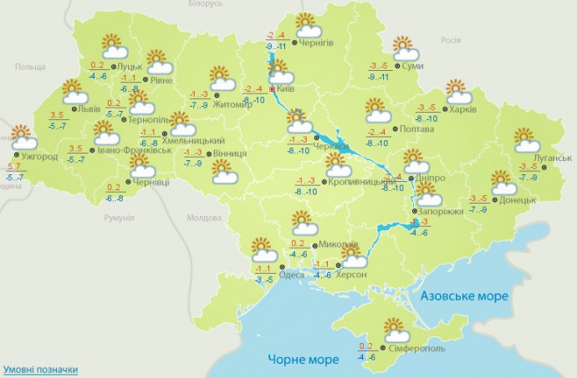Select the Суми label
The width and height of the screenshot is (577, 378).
[x=411, y=66]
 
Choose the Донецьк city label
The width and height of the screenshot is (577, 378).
[x=518, y=201]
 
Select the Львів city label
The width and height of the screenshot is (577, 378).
[x=89, y=108]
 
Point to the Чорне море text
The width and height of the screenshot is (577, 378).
[x=304, y=360]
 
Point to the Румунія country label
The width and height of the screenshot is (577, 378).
[x=118, y=217]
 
